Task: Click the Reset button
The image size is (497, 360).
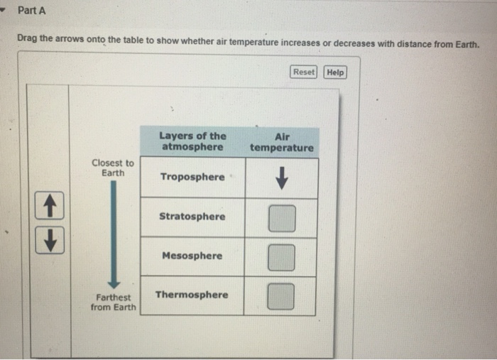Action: point(304,72)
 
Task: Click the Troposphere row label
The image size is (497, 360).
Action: point(192,177)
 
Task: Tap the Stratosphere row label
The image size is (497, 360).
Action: point(192,217)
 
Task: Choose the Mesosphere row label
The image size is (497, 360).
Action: point(192,256)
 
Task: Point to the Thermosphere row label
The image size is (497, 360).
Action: point(192,295)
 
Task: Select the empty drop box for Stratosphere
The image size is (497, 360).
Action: point(282,219)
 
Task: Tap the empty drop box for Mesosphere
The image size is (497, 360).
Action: point(282,258)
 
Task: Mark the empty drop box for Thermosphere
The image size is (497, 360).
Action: point(282,297)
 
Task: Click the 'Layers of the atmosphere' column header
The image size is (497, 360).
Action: point(192,141)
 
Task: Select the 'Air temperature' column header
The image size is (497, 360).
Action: point(281,141)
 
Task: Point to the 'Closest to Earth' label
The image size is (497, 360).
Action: point(112,168)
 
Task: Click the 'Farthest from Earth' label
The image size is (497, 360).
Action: point(113,302)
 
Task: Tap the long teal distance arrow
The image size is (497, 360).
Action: point(113,234)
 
